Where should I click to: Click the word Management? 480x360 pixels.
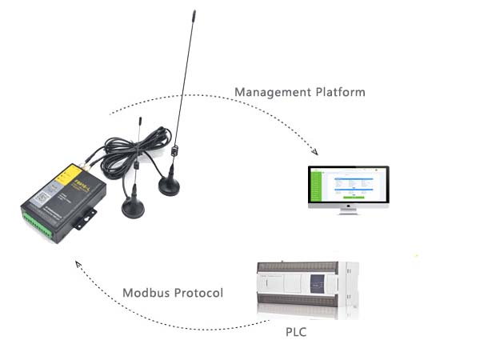[270, 93]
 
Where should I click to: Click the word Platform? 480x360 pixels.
[337, 93]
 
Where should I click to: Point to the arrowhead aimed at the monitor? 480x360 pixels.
[315, 152]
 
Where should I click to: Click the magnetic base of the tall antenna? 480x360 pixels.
[170, 186]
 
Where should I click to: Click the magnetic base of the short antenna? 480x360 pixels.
[133, 208]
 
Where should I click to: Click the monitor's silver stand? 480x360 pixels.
[349, 210]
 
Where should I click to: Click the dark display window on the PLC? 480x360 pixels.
[316, 286]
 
